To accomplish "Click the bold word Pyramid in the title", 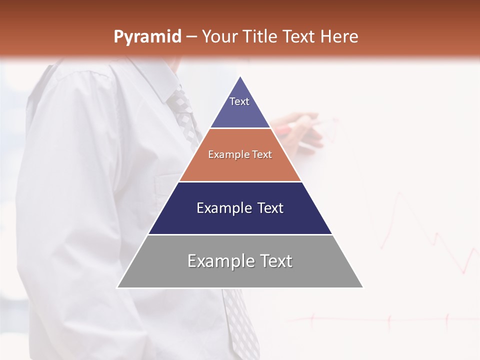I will [x=147, y=37].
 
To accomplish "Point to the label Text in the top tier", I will [x=239, y=101].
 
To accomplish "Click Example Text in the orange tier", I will [x=240, y=154].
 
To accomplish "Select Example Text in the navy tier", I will [x=240, y=208].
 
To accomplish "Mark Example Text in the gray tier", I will [x=240, y=261].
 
